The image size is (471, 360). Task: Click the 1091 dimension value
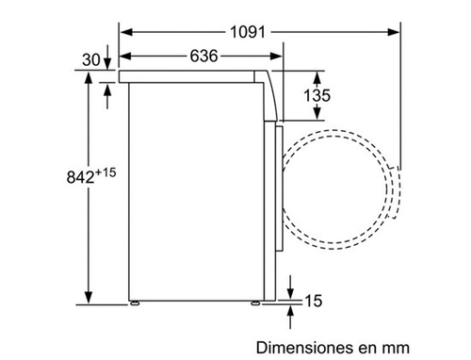click(x=248, y=32)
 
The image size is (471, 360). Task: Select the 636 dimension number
click(x=203, y=57)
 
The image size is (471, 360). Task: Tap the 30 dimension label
click(x=91, y=59)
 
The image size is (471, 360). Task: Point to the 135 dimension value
click(x=317, y=95)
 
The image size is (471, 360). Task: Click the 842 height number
click(x=80, y=177)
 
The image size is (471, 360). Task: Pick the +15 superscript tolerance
click(x=106, y=172)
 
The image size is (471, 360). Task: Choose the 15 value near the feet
click(x=314, y=301)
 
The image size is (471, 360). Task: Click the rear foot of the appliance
click(x=135, y=303)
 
